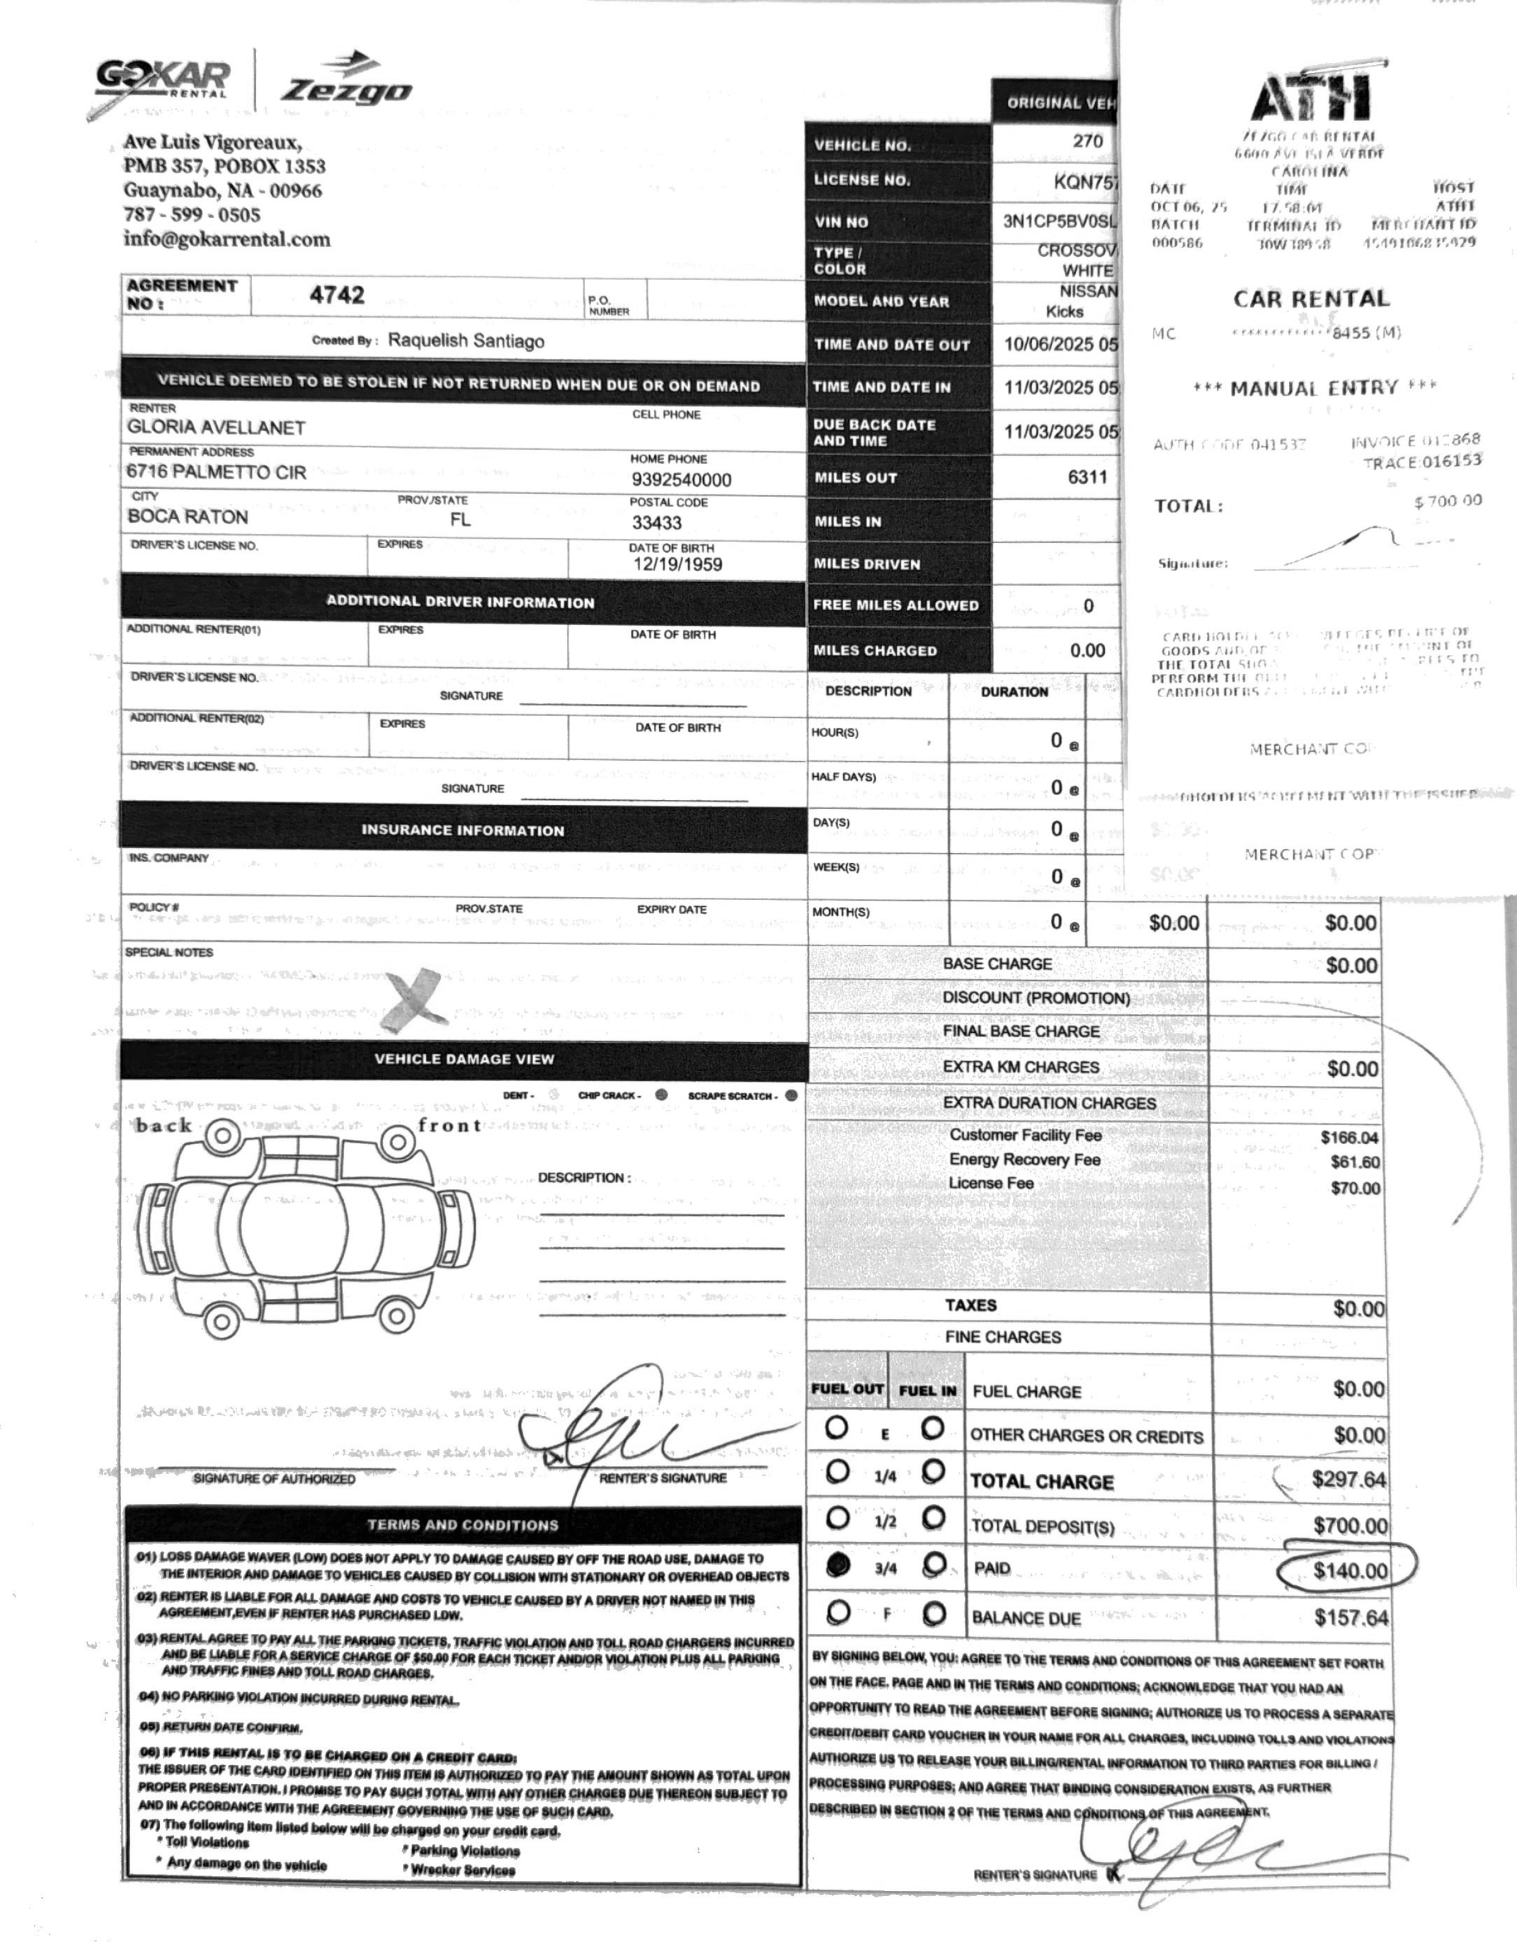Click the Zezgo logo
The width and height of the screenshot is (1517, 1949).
click(x=346, y=81)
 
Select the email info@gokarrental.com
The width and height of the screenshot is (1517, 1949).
click(x=227, y=239)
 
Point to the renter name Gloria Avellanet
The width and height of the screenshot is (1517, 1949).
click(x=216, y=427)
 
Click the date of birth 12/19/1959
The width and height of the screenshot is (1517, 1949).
click(x=677, y=564)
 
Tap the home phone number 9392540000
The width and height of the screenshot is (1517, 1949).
click(x=681, y=480)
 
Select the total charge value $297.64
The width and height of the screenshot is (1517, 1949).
click(x=1348, y=1479)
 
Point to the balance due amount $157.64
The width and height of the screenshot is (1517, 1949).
click(x=1351, y=1618)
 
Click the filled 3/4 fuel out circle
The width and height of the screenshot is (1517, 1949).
click(x=838, y=1566)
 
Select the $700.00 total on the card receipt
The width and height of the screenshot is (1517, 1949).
click(x=1447, y=501)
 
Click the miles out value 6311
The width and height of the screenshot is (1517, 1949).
click(x=1087, y=476)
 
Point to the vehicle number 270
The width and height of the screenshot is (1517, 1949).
click(x=1087, y=141)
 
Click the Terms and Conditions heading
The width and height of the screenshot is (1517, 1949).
click(x=462, y=1525)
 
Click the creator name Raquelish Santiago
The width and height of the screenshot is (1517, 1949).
click(x=466, y=341)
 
